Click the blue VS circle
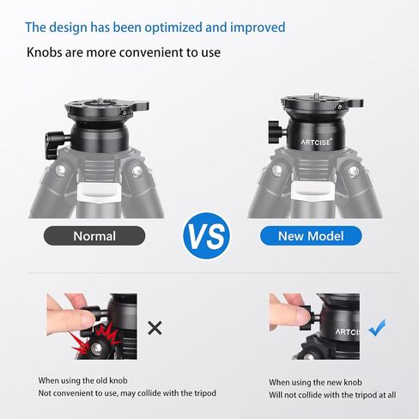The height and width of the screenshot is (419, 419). pyautogui.click(x=206, y=236)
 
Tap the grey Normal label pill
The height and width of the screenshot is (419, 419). pyautogui.click(x=94, y=236)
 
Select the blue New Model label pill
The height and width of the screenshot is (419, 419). pyautogui.click(x=311, y=236)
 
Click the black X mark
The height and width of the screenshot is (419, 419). pyautogui.click(x=155, y=328)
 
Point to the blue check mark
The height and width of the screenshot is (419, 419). pyautogui.click(x=377, y=328)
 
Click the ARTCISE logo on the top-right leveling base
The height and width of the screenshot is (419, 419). pyautogui.click(x=317, y=142)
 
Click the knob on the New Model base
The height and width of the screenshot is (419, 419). pyautogui.click(x=276, y=132)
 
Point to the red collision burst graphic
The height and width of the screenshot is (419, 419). pyautogui.click(x=94, y=341)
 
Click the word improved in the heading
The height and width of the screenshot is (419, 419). pyautogui.click(x=258, y=27)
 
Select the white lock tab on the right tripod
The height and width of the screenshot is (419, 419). pyautogui.click(x=313, y=191)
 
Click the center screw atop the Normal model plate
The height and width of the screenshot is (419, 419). pyautogui.click(x=100, y=100)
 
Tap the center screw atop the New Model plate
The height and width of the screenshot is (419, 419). pyautogui.click(x=316, y=96)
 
